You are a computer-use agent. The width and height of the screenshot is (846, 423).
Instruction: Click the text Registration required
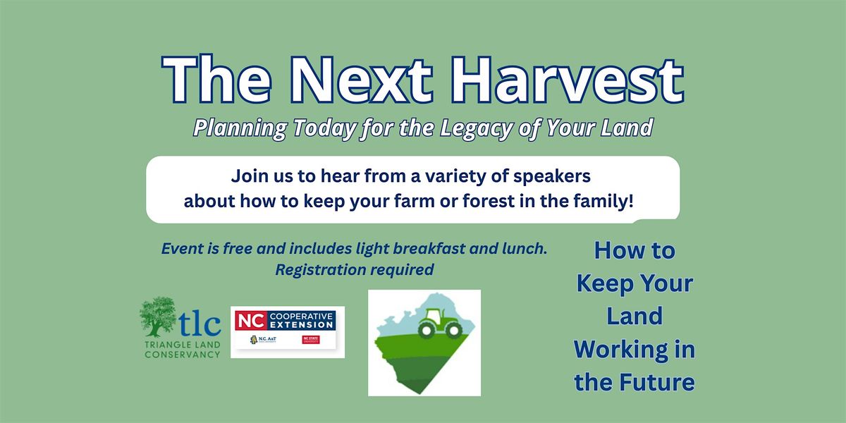354,269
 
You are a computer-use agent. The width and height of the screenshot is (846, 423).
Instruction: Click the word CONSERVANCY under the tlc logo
182,355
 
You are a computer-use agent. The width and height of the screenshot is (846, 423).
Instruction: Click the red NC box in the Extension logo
247,321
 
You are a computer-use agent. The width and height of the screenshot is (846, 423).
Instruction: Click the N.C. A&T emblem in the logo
263,341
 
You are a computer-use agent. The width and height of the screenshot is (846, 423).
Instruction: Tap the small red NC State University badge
311,341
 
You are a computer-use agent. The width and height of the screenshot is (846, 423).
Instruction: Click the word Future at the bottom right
661,382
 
